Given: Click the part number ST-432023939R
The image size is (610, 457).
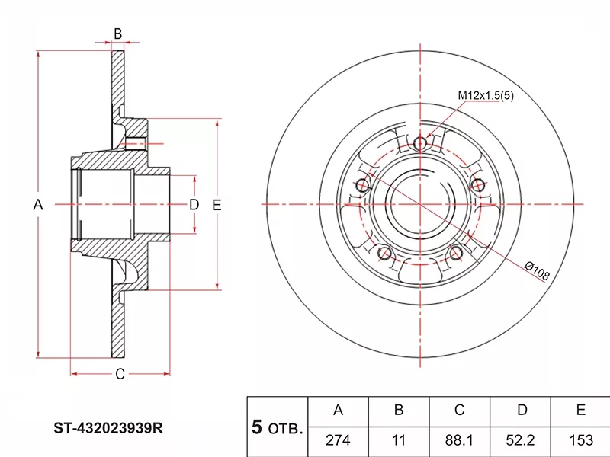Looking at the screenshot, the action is tap(108, 428).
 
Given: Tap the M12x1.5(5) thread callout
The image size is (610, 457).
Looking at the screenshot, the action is tap(486, 95).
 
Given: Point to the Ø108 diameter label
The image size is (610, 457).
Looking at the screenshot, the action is tap(537, 271).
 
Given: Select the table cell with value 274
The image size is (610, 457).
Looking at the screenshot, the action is tap(338, 440).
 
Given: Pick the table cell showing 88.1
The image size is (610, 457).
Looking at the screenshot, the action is tap(460, 440).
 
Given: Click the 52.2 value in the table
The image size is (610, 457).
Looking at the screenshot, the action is tap(520, 440).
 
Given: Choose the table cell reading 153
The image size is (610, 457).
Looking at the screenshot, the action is tap(581, 440).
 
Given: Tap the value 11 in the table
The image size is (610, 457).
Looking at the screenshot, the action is tap(399, 440).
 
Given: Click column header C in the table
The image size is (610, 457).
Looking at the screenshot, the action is tap(460, 410).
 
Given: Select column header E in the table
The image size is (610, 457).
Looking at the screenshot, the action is tap(581, 410).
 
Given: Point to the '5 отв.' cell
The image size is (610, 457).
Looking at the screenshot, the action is tap(277, 427).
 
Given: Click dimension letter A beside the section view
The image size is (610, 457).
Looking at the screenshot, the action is tap(37, 204).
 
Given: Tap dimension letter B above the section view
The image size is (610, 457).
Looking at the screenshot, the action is tap(118, 34).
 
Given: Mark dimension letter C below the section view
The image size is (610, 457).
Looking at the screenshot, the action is tap(120, 374).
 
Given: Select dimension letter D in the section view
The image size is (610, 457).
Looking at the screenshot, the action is tap(194, 204).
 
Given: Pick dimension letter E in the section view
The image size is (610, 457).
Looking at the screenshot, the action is tap(217, 204).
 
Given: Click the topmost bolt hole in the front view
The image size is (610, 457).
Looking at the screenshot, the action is tap(420, 143).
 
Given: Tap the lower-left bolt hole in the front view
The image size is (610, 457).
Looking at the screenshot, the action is tap(384, 254).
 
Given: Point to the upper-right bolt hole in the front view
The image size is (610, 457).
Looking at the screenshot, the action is tap(478, 185).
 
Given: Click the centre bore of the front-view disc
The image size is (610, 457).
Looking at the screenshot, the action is tap(420, 204).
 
